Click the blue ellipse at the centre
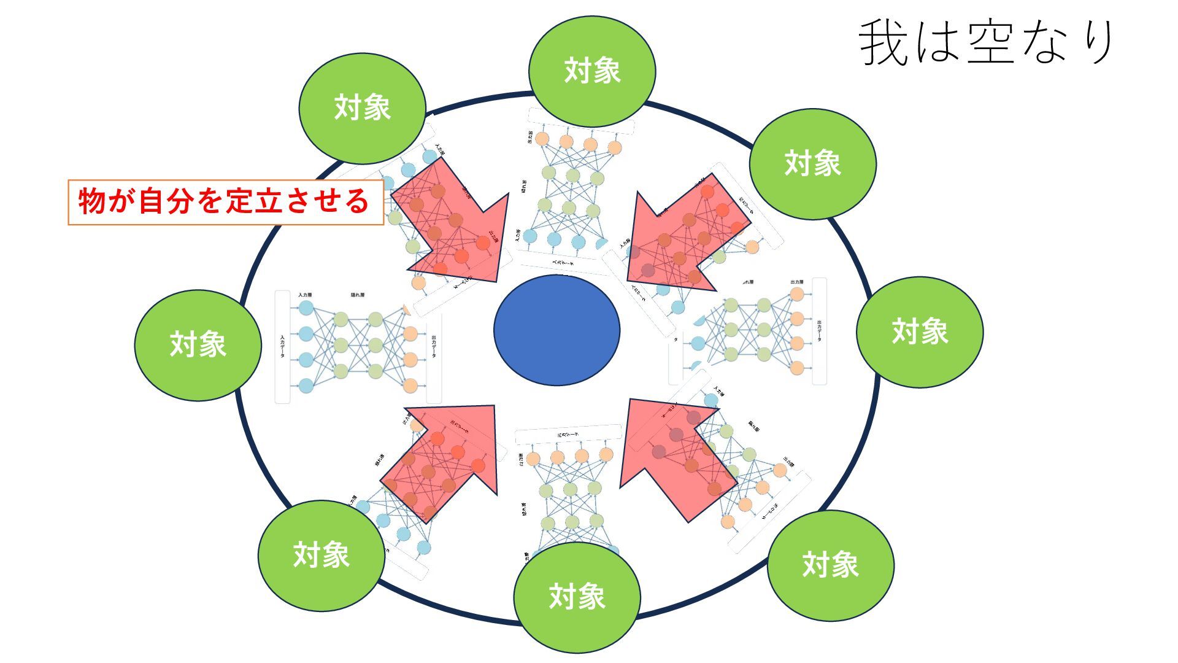coord(556,330)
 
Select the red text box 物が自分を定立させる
coord(225,202)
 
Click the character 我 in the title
coord(883,43)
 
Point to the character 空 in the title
coord(990,43)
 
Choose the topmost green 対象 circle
coord(591,71)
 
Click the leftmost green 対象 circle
coord(198,345)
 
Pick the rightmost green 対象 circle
coord(919,331)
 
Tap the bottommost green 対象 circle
coord(577,597)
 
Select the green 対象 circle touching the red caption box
coord(362,108)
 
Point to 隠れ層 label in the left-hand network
coord(358,295)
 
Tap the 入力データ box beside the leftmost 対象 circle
coord(282,347)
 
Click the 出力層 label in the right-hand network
coord(796,282)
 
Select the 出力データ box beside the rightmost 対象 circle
coord(819,331)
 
